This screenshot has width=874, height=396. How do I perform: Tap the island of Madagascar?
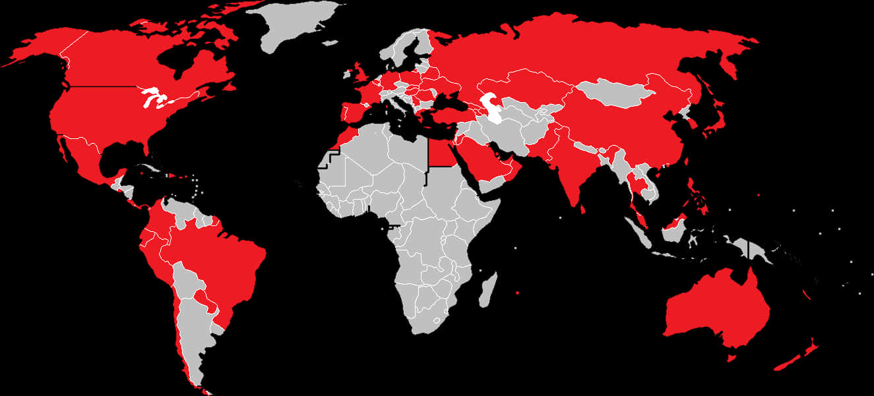[488, 291]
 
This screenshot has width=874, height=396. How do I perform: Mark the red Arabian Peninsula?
[485, 161]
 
